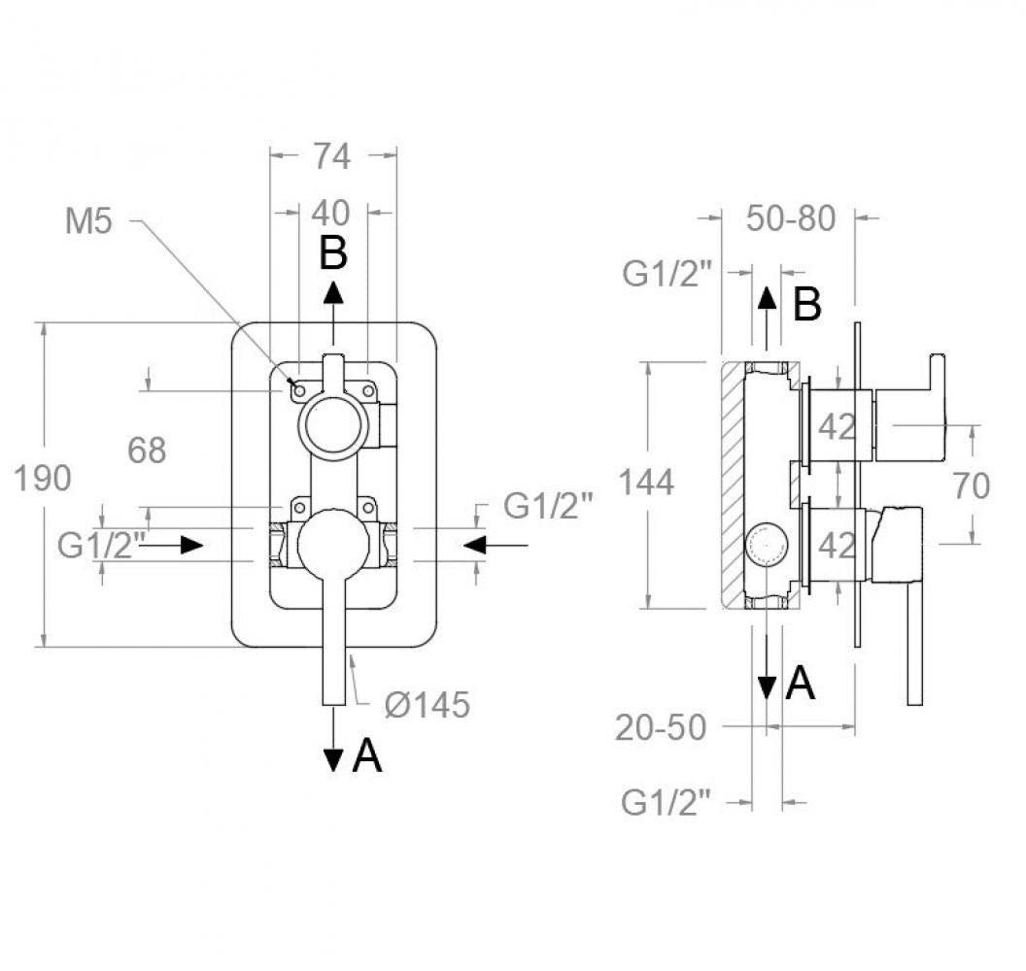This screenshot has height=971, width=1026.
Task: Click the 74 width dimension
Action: click(x=331, y=155)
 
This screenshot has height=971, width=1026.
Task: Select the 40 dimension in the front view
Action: click(x=333, y=213)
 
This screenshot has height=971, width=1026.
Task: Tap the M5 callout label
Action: click(x=88, y=221)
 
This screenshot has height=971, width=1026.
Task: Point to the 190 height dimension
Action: click(x=42, y=479)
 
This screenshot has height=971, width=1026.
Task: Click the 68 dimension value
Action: click(x=147, y=450)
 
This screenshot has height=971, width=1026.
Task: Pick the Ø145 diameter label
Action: click(x=427, y=705)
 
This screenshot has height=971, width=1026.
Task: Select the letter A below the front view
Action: click(x=366, y=755)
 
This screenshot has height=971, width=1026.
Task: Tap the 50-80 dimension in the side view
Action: click(x=791, y=219)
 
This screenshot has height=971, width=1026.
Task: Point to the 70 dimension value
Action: click(x=971, y=485)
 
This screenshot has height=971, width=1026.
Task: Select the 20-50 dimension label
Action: click(x=661, y=726)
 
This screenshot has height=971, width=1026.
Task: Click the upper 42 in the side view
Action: click(x=838, y=426)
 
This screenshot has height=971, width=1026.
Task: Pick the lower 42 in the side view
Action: click(x=838, y=546)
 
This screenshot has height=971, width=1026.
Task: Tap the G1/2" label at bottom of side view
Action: click(x=667, y=802)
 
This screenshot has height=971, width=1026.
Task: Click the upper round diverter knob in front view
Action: click(x=332, y=423)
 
